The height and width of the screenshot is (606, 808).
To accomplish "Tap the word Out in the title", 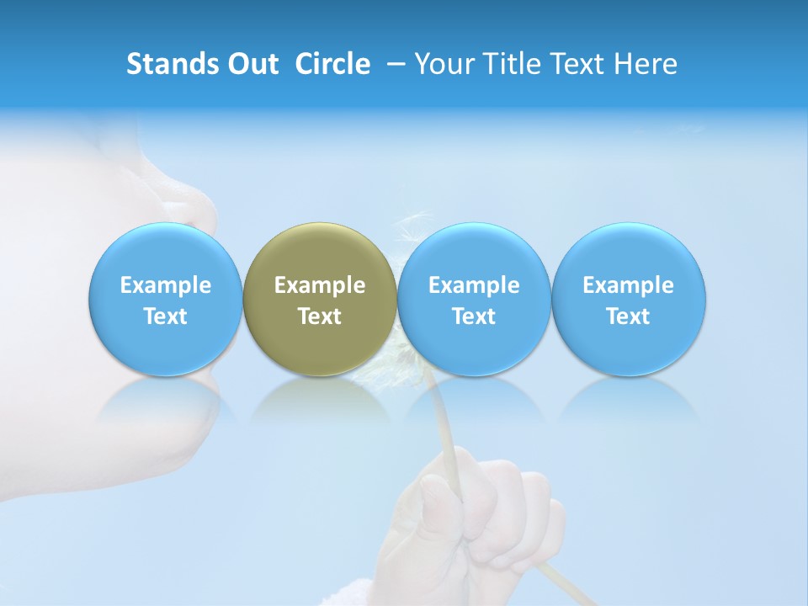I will [252, 64].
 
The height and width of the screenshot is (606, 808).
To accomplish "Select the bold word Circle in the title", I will [332, 64].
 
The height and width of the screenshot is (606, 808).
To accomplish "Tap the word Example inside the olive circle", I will [320, 285].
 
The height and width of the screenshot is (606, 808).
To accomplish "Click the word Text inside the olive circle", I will [320, 316].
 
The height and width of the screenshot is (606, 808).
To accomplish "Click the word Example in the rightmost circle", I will [629, 285].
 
